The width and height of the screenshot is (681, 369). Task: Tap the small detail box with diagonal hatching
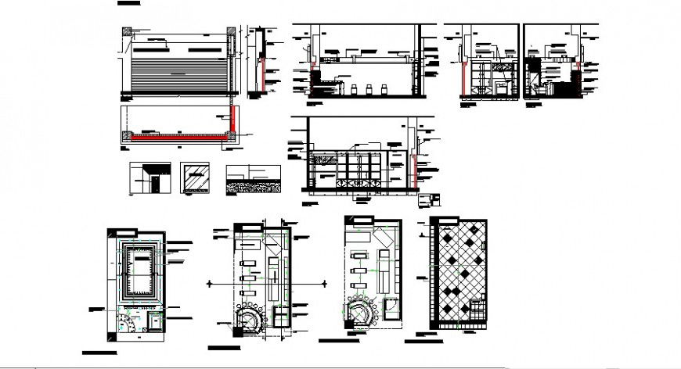click(194, 177)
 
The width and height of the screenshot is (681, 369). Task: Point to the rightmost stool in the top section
click(387, 88)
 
